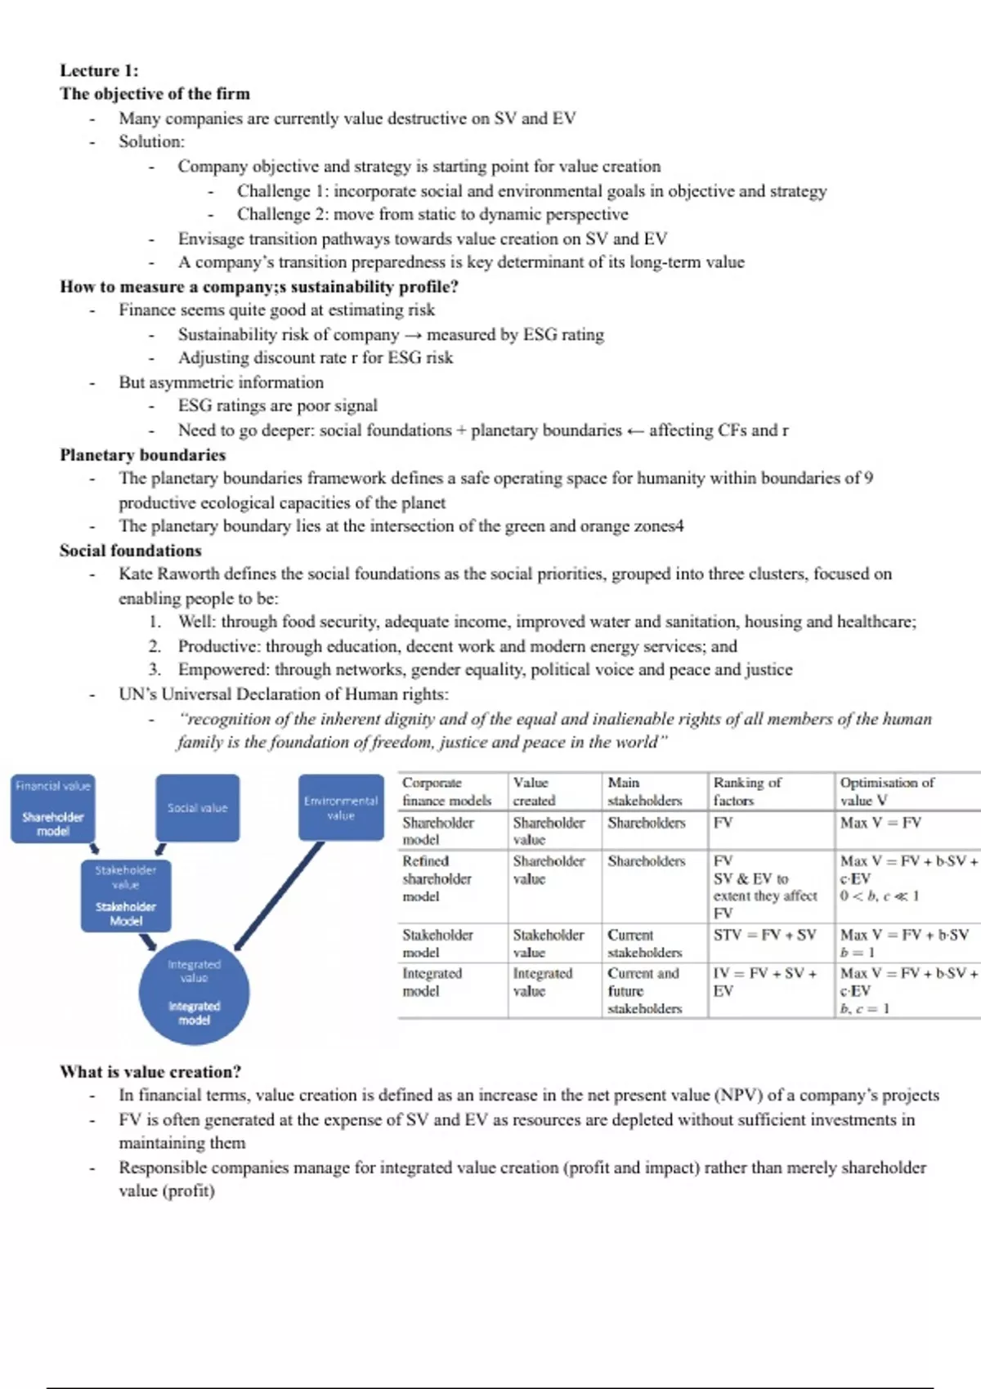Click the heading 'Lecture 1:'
[x=99, y=70]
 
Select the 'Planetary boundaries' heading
[x=142, y=454]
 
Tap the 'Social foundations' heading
[x=130, y=550]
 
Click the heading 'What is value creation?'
[x=150, y=1071]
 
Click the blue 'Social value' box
[x=198, y=807]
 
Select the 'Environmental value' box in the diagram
[x=341, y=807]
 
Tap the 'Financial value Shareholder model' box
[x=53, y=808]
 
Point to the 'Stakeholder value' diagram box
[x=126, y=895]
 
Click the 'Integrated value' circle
[x=194, y=992]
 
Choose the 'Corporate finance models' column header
[x=446, y=792]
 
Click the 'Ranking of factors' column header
[x=747, y=792]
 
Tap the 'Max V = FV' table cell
[x=880, y=823]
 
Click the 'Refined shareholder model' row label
[x=437, y=878]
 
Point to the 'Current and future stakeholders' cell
[x=644, y=990]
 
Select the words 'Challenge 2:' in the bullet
[x=283, y=214]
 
